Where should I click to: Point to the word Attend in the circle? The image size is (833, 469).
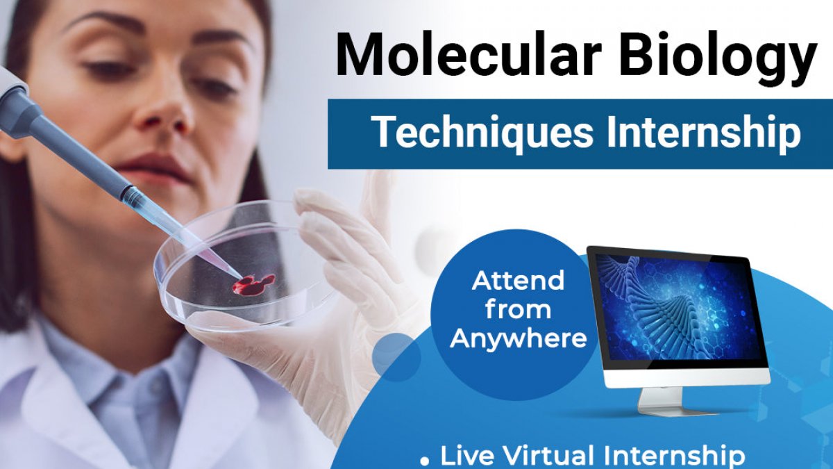[x=518, y=280]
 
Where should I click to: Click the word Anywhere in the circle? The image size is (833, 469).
[x=519, y=339]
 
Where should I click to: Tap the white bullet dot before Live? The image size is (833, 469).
[x=424, y=461]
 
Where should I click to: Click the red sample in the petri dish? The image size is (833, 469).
[x=253, y=284]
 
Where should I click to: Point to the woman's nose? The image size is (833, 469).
[x=164, y=112]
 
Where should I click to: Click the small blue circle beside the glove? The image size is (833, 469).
[x=396, y=356]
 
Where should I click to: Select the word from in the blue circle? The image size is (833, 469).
[x=518, y=309]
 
